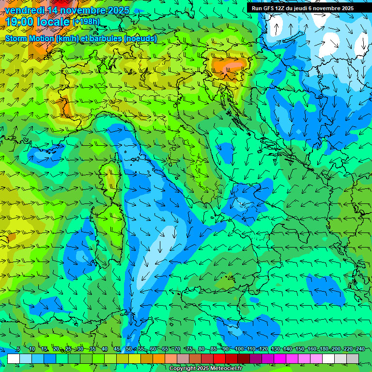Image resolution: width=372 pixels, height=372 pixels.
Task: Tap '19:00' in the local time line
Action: [x=19, y=22]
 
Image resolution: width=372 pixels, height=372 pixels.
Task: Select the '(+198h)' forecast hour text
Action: [x=86, y=22]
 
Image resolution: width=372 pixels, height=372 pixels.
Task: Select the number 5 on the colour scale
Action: [x=18, y=349]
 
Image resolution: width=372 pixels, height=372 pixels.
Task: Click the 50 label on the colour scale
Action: [x=128, y=349]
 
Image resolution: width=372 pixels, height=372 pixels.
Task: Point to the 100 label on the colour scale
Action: [x=239, y=349]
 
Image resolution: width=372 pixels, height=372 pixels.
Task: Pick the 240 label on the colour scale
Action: [x=360, y=349]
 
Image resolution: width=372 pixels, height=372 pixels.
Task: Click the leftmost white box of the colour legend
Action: [x=14, y=358]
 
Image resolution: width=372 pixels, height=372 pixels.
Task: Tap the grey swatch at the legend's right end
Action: [x=353, y=358]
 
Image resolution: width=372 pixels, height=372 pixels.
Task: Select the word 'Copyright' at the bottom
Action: [x=183, y=369]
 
